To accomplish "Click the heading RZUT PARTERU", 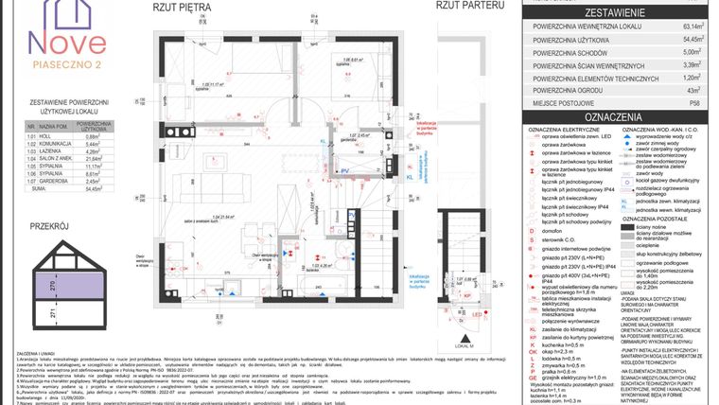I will coord(467,7).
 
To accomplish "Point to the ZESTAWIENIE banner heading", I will coord(615,13).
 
